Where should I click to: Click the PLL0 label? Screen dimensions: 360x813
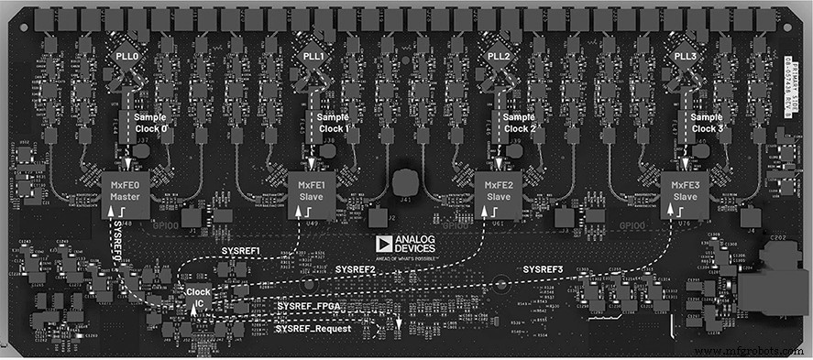[127, 56]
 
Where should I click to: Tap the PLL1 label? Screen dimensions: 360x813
[313, 56]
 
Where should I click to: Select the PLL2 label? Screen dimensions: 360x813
[500, 56]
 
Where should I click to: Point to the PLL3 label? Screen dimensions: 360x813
[686, 56]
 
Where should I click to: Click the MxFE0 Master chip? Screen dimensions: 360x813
[126, 192]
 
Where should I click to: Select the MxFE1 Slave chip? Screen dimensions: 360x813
[313, 192]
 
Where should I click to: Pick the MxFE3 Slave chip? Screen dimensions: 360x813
[685, 192]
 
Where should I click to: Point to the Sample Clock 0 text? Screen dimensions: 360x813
[151, 123]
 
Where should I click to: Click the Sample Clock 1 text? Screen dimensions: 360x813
[335, 123]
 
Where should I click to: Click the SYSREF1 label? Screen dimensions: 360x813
[241, 250]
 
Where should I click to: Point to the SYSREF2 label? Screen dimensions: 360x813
[355, 269]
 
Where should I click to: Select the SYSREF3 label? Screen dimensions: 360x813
[543, 268]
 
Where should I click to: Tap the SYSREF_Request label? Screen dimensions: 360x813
[313, 328]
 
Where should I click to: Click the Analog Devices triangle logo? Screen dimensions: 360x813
[383, 244]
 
